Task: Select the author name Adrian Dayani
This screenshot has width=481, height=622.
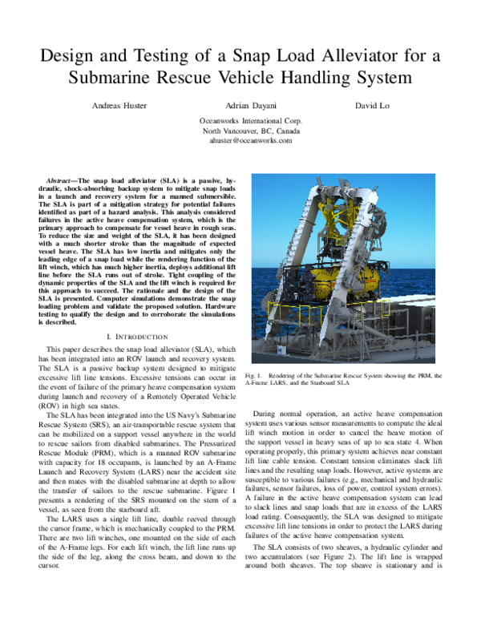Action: click(x=240, y=104)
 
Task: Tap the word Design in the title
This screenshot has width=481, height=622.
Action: click(x=68, y=56)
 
